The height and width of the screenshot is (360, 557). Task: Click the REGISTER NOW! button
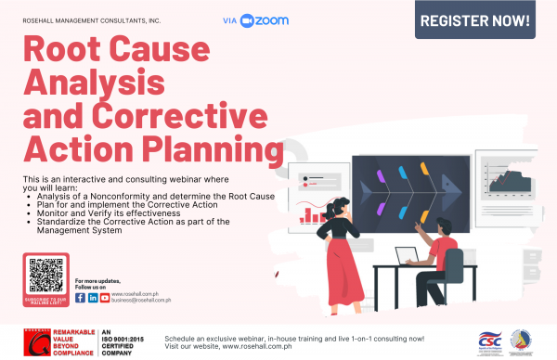[474, 20]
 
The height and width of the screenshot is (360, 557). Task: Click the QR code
[45, 276]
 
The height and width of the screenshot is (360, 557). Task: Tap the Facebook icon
[80, 298]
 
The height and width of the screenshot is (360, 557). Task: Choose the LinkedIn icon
[93, 298]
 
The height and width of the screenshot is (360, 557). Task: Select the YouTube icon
[105, 298]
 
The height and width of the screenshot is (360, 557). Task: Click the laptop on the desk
[407, 257]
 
